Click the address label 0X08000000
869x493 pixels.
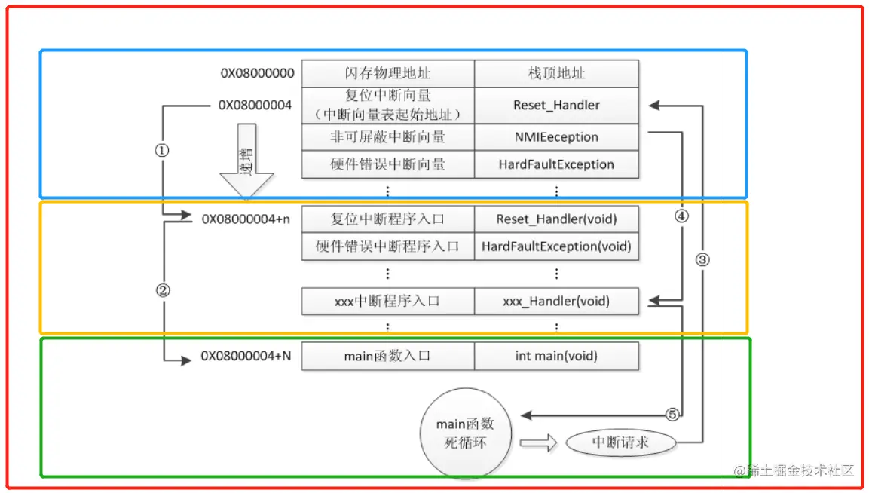tap(257, 73)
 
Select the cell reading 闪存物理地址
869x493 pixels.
tap(387, 73)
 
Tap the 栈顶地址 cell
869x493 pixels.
tap(556, 73)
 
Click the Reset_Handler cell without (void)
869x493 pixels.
tap(556, 105)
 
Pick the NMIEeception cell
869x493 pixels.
tap(556, 137)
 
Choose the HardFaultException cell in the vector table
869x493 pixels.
tap(556, 164)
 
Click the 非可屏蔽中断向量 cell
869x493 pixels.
tap(387, 137)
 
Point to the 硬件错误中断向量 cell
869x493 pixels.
tap(387, 164)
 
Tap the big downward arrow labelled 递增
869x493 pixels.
tap(246, 162)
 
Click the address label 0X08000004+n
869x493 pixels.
tap(246, 219)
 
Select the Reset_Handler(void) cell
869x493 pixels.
tap(556, 219)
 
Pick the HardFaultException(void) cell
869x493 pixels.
tap(556, 246)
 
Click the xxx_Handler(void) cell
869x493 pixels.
tap(556, 302)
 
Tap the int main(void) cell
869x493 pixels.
tap(556, 356)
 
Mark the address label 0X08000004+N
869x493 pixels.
tap(246, 356)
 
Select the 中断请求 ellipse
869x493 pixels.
tap(621, 442)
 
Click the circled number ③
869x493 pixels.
tap(702, 260)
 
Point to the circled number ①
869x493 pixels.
tap(162, 150)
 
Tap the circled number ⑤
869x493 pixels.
tap(673, 414)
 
